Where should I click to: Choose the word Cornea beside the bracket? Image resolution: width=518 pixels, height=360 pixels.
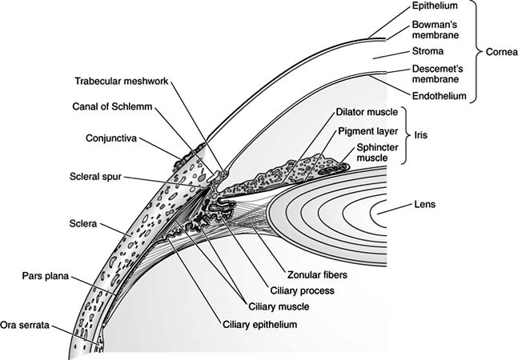click(x=500, y=53)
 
